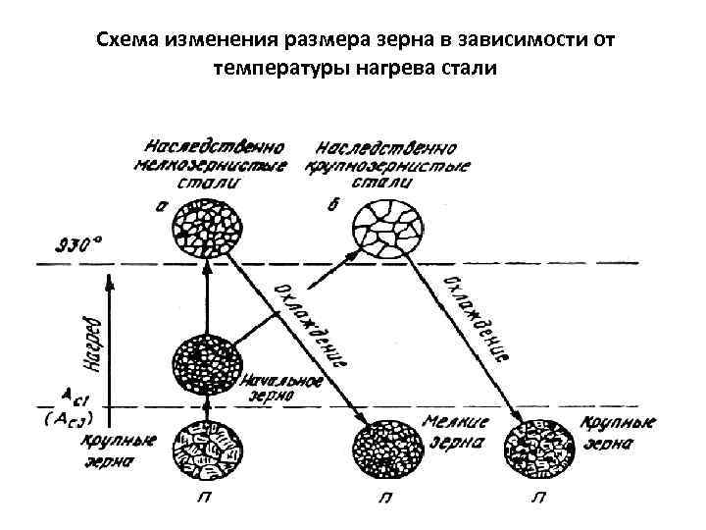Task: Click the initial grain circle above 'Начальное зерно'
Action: pos(206,364)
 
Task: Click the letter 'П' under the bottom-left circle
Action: pos(206,498)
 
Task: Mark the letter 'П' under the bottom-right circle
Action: pos(538,498)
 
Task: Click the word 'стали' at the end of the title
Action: pos(471,69)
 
